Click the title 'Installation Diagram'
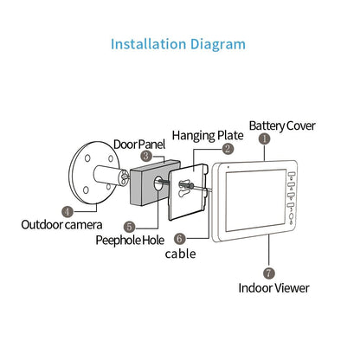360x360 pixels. coord(180,44)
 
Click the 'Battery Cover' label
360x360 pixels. coord(282,126)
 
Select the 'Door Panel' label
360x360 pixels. coord(141,142)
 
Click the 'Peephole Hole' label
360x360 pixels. coord(129,240)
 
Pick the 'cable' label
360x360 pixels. coord(180,254)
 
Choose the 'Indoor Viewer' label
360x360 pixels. coord(273,287)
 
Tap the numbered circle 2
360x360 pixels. coord(227,149)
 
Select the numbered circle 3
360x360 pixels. coord(146,156)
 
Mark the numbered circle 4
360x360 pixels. coord(67,209)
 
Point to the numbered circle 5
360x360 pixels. coord(129,226)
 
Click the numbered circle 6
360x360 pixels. coord(179,238)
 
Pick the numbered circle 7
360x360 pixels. coord(269,272)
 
